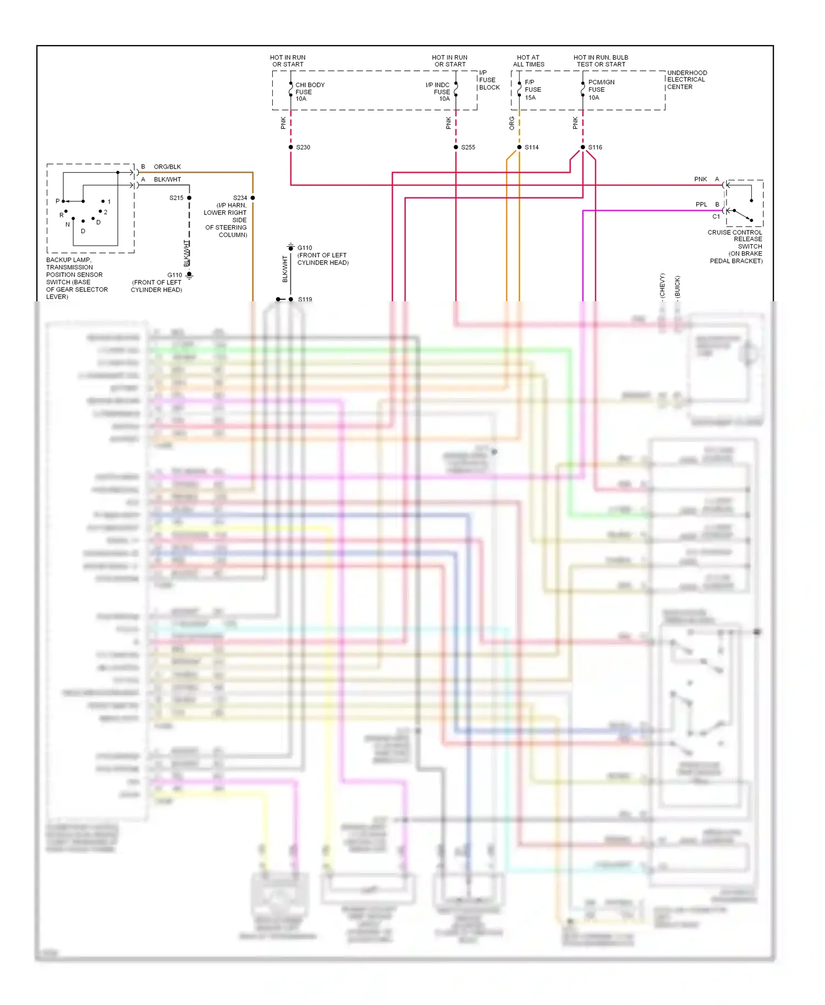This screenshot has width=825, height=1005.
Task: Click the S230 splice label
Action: [303, 147]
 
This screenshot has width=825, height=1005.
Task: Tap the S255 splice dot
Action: [456, 147]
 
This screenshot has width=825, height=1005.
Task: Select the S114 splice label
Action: [531, 147]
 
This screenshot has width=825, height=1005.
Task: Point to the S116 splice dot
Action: [583, 147]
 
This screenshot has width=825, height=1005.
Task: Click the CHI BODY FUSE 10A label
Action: [309, 92]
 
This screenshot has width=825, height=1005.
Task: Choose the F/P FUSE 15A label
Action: [532, 90]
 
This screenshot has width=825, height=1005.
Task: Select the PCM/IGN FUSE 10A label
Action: [601, 90]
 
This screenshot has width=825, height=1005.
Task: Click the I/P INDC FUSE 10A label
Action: [438, 92]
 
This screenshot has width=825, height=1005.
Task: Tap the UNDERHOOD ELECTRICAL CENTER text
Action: [686, 80]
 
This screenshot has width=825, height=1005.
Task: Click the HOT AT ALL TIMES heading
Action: [528, 61]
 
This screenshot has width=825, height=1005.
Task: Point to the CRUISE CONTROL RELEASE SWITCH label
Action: [736, 246]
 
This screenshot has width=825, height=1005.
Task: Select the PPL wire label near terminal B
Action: [701, 205]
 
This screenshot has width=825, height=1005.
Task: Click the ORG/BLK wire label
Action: [167, 167]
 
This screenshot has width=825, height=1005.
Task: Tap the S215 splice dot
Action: [189, 198]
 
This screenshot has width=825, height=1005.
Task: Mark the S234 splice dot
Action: [253, 198]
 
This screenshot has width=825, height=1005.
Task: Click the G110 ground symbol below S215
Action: [189, 275]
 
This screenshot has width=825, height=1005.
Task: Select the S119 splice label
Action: [305, 300]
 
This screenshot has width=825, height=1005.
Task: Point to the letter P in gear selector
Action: [57, 201]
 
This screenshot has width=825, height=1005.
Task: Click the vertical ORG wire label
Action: [512, 123]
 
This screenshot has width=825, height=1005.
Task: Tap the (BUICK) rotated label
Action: [677, 286]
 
